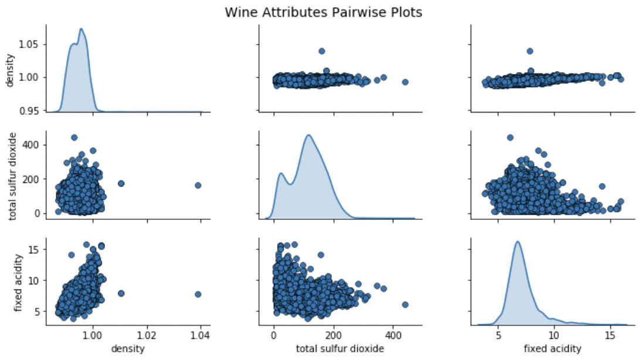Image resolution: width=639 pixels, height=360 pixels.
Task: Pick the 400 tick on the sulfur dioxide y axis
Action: (33, 145)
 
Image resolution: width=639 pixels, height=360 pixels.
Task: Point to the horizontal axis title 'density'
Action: (128, 349)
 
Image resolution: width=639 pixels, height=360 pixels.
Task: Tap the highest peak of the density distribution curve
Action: (81, 29)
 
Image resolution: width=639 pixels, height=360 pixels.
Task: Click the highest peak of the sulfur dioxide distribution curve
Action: (308, 135)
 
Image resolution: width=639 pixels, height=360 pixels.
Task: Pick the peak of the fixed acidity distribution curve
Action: (518, 242)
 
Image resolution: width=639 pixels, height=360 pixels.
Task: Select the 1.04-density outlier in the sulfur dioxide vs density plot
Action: (198, 185)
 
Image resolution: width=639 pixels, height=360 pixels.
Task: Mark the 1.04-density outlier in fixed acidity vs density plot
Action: (198, 294)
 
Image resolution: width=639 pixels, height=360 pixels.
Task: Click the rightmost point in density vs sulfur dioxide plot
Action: (405, 82)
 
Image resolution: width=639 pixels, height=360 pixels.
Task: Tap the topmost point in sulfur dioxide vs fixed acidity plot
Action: (510, 137)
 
